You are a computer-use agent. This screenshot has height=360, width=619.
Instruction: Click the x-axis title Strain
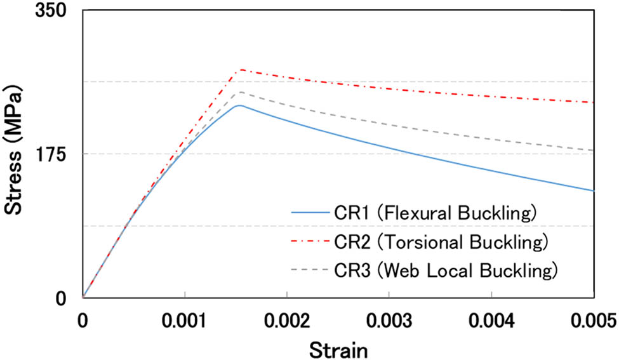pos(338,348)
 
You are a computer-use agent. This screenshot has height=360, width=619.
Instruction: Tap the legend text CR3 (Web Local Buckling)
pos(445,271)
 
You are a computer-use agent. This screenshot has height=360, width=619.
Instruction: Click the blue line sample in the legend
pos(309,212)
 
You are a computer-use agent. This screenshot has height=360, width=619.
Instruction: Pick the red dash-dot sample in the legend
pos(309,242)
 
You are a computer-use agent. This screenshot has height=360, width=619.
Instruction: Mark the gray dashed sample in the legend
pos(309,271)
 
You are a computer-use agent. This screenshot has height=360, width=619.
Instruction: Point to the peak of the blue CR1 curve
pos(238,105)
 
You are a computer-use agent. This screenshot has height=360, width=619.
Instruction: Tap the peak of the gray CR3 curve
pos(241,92)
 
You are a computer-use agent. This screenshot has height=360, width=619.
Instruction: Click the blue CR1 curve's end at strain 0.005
pos(593,190)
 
